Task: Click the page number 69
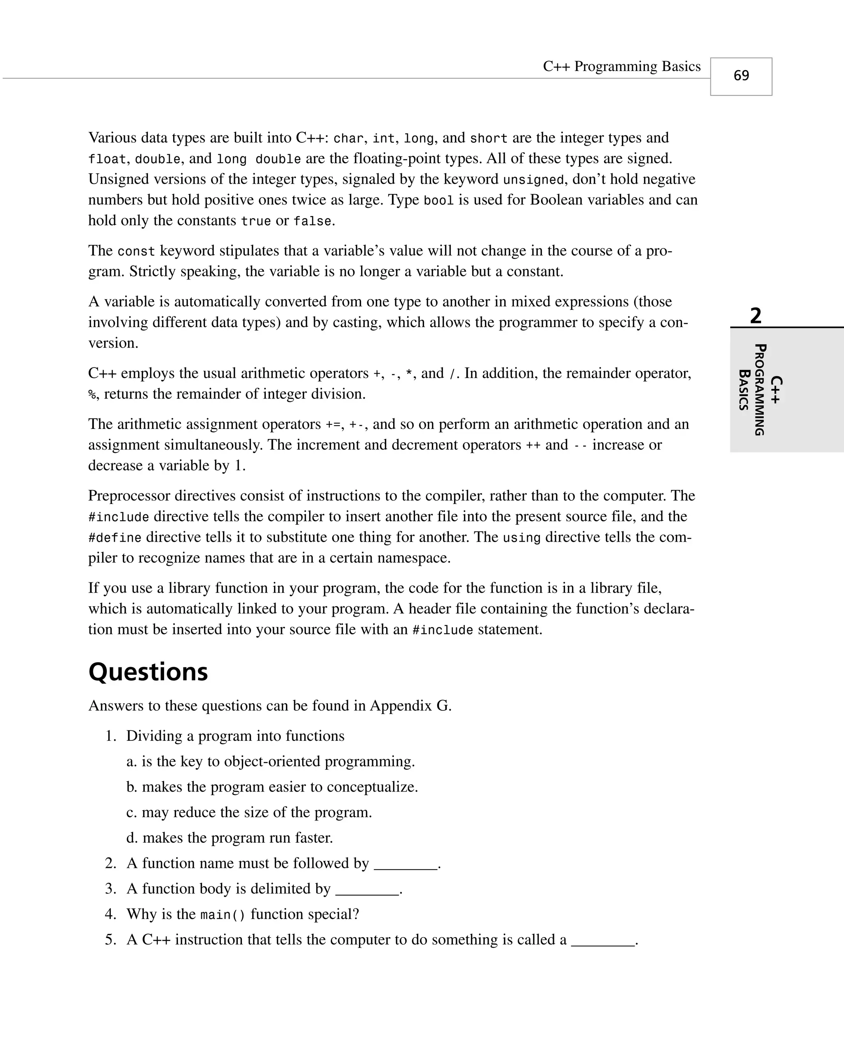[x=741, y=76]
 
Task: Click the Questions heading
[x=148, y=672]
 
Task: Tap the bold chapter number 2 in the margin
[x=755, y=316]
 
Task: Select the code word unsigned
[x=533, y=180]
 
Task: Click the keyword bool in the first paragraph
[x=438, y=200]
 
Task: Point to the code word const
[x=136, y=252]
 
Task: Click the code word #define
[x=115, y=537]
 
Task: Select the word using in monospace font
[x=521, y=537]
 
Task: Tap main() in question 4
[x=223, y=915]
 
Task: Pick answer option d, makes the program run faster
[x=230, y=838]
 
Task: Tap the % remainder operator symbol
[x=92, y=394]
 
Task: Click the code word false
[x=312, y=222]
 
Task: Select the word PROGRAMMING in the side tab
[x=760, y=390]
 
